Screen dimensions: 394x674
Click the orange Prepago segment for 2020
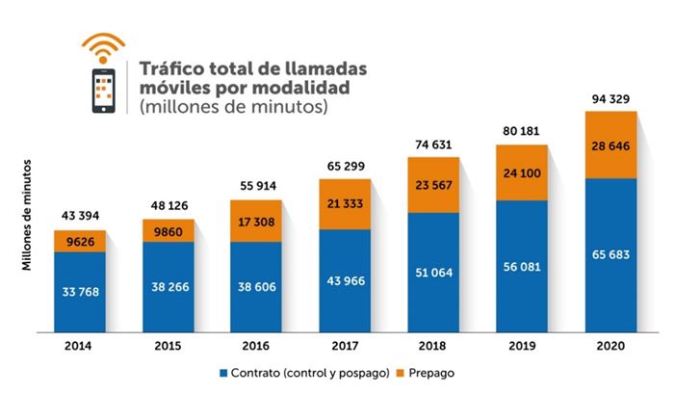point(610,144)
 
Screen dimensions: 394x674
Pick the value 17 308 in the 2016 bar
point(256,221)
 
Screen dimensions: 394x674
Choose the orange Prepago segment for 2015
point(168,231)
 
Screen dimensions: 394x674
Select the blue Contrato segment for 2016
point(256,285)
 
